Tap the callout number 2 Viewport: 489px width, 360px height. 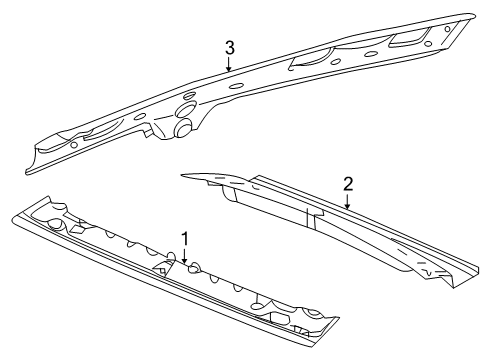point(347,184)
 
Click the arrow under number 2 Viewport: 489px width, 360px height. point(346,201)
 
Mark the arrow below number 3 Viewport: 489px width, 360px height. point(229,67)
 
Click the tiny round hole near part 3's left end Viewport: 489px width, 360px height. point(75,143)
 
